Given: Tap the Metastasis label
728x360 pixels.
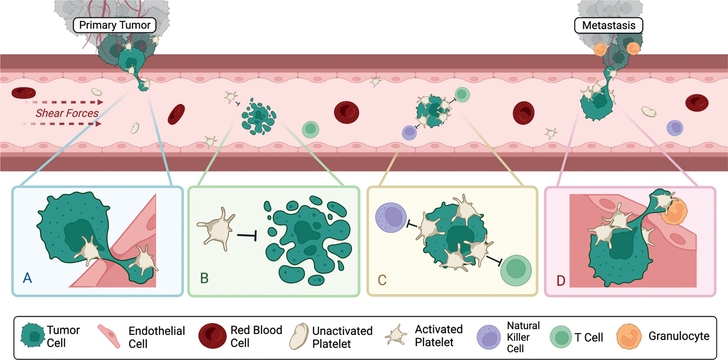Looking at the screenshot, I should click(609, 25).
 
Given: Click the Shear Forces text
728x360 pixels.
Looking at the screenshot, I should click(67, 113).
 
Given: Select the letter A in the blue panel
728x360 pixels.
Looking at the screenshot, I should click(28, 278).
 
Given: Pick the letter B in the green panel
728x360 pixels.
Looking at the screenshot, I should click(204, 278).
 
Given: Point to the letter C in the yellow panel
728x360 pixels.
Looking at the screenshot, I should click(382, 280).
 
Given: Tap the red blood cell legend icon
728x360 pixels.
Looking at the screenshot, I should click(213, 337).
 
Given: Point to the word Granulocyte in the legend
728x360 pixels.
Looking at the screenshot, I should click(679, 336).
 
